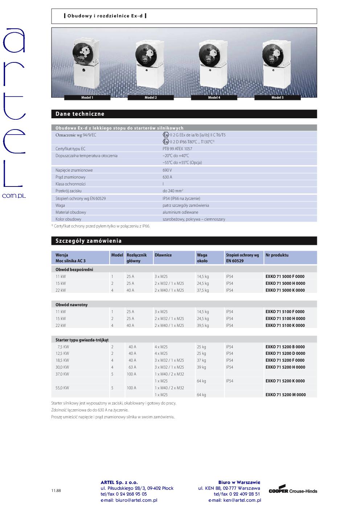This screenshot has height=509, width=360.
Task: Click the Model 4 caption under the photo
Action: (214, 98)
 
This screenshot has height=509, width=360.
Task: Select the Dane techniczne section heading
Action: (80, 114)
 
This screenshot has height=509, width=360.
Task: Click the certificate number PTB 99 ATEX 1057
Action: (177, 149)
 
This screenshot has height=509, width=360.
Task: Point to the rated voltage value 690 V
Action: (167, 170)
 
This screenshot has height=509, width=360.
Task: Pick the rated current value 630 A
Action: (167, 177)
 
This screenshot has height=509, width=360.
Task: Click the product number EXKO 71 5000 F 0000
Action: (285, 276)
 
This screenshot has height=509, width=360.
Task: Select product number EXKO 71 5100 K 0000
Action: (285, 325)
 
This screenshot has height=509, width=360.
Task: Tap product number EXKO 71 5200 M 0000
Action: (285, 395)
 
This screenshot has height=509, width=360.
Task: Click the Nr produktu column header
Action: (277, 255)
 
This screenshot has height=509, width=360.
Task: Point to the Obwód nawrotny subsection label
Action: (71, 305)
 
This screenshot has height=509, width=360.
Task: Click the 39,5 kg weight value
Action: (203, 325)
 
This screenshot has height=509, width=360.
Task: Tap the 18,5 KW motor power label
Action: (62, 360)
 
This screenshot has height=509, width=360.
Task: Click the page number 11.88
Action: (56, 490)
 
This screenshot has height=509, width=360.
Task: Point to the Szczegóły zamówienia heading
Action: (89, 241)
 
